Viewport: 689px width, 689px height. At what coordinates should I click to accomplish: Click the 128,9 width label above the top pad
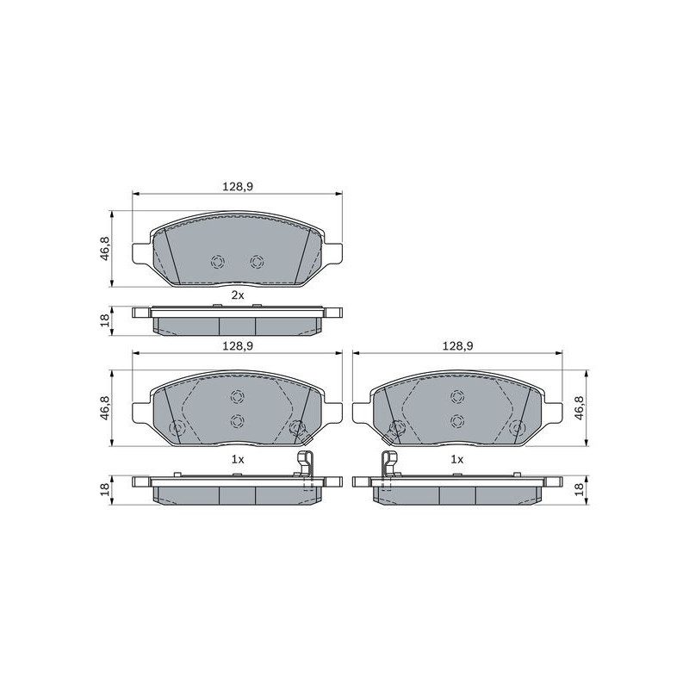[x=238, y=187]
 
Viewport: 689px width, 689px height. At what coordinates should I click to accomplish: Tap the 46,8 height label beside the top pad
[x=104, y=248]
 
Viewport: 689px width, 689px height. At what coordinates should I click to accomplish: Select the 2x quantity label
[x=238, y=295]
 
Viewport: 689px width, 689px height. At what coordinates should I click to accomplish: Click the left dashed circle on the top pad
[x=218, y=262]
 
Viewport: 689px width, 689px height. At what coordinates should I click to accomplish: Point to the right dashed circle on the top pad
[x=257, y=262]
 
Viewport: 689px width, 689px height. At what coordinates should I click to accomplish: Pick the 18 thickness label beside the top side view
[x=104, y=320]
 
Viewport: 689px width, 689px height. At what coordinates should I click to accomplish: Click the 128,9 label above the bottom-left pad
[x=238, y=346]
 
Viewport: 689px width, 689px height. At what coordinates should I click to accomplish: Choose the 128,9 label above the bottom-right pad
[x=457, y=346]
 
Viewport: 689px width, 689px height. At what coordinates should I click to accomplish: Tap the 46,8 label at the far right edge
[x=579, y=407]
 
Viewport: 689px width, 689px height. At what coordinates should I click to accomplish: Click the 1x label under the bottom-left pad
[x=238, y=459]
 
